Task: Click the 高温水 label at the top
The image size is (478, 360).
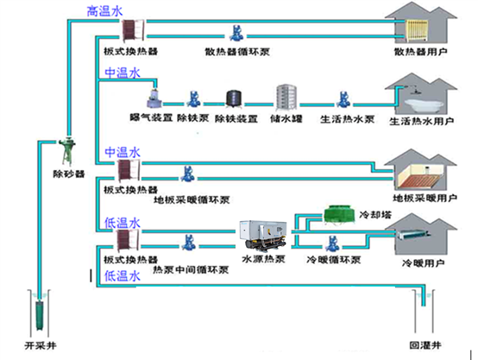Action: click(104, 11)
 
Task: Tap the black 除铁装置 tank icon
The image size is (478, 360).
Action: click(231, 99)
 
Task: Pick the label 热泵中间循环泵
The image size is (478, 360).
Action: click(190, 269)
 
